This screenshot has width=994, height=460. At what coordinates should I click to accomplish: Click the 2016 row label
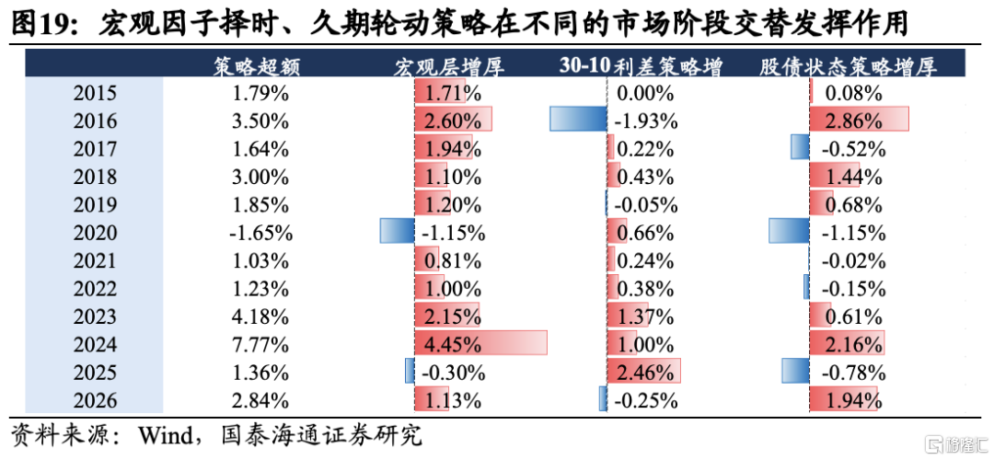(95, 121)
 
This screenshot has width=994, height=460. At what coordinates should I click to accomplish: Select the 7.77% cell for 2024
(260, 345)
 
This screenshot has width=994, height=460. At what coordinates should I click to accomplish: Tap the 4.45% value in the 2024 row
(453, 345)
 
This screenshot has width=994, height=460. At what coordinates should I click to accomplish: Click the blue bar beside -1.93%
(577, 119)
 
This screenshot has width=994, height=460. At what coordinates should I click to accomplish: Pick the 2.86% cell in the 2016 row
(853, 121)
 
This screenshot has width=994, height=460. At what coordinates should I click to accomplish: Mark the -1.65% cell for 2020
(260, 233)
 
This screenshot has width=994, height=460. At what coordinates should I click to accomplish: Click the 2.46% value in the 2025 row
(644, 373)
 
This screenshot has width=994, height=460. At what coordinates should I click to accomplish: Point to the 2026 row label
(95, 400)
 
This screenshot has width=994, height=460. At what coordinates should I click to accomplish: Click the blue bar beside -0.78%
(795, 370)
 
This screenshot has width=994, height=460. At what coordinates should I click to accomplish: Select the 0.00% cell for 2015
(644, 94)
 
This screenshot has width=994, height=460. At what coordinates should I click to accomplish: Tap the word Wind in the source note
(166, 437)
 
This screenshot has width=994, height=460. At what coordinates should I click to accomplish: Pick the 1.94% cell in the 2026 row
(853, 400)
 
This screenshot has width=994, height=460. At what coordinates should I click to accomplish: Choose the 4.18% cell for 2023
(260, 316)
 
